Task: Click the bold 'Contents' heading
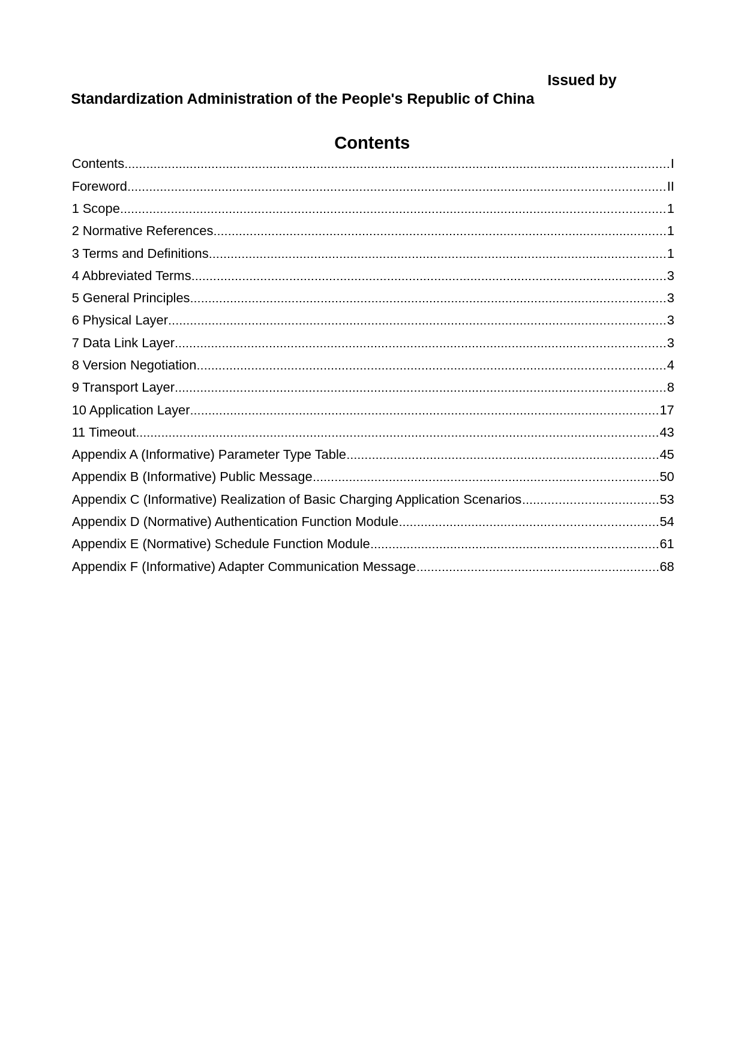[x=371, y=143]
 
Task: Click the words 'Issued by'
[x=581, y=80]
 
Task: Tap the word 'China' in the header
[x=513, y=99]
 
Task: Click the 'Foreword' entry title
[x=100, y=187]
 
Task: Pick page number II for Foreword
[x=670, y=187]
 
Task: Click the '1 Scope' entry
[x=96, y=209]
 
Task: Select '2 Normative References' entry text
[x=142, y=231]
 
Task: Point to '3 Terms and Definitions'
[x=140, y=254]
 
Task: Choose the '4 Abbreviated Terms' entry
[x=131, y=276]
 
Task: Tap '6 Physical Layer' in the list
[x=120, y=320]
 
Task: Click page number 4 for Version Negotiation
[x=670, y=365]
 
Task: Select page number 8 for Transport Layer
[x=670, y=387]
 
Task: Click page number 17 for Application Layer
[x=667, y=410]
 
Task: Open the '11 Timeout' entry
[x=104, y=432]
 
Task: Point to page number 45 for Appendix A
[x=667, y=455]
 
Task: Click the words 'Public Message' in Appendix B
[x=266, y=477]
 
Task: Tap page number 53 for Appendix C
[x=667, y=500]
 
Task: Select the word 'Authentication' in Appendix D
[x=256, y=522]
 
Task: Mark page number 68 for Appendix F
[x=667, y=567]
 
